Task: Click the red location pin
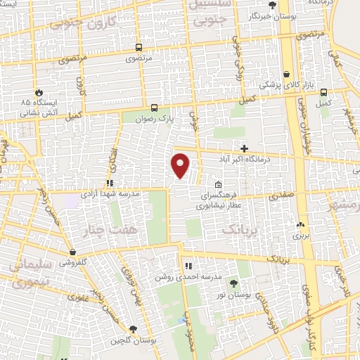point(181,166)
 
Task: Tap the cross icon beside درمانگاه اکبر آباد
point(244,148)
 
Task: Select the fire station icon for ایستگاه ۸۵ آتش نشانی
point(38,92)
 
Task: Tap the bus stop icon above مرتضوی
point(139,48)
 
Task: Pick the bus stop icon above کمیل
point(323,92)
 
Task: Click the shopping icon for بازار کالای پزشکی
point(287,74)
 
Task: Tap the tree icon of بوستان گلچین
point(134,329)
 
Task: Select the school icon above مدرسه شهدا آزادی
point(109,183)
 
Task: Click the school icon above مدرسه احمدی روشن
point(188,266)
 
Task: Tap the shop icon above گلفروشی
point(72,251)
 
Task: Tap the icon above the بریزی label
point(301,225)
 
